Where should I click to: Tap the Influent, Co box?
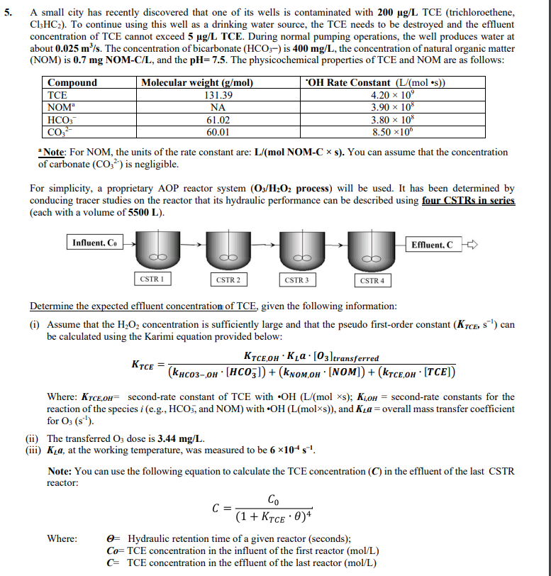pyautogui.click(x=96, y=243)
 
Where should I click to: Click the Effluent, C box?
pyautogui.click(x=432, y=245)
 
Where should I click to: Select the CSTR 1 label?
pyautogui.click(x=150, y=279)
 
